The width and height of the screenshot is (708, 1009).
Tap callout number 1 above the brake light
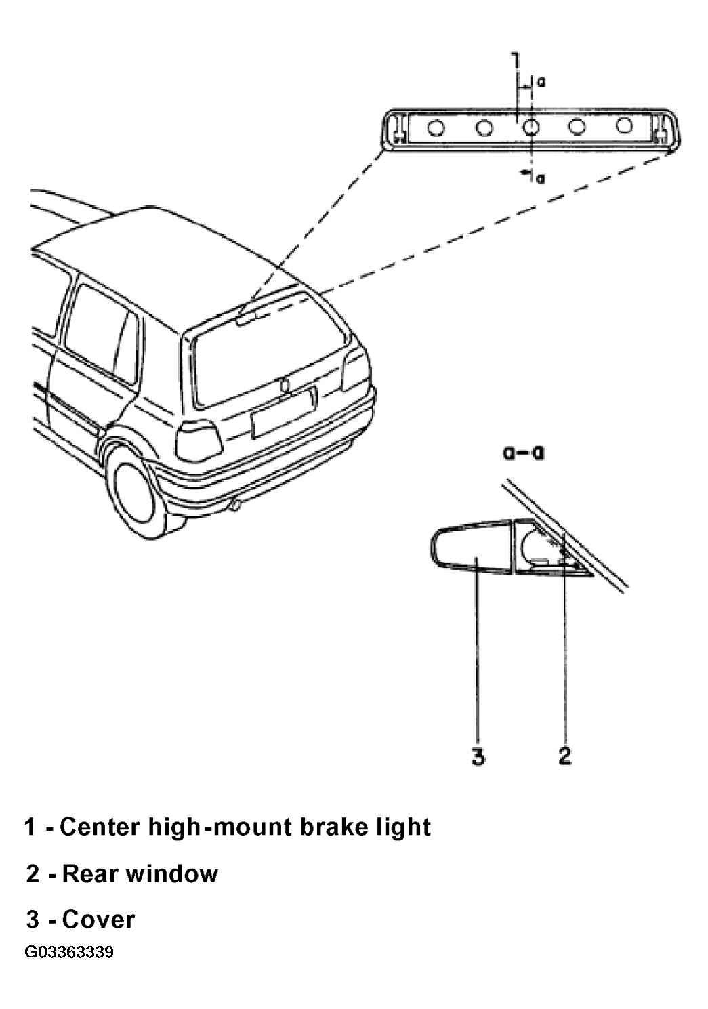(x=515, y=62)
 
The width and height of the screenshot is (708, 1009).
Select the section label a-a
(x=523, y=453)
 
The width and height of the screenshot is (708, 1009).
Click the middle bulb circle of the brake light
(x=530, y=127)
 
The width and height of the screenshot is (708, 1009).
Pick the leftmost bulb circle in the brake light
(x=436, y=128)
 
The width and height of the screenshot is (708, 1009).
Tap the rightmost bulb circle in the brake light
(x=624, y=126)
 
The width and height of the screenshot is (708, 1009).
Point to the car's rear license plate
(x=283, y=413)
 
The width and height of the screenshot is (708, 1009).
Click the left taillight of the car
(x=198, y=440)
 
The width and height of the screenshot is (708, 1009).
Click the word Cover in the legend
(x=98, y=920)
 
